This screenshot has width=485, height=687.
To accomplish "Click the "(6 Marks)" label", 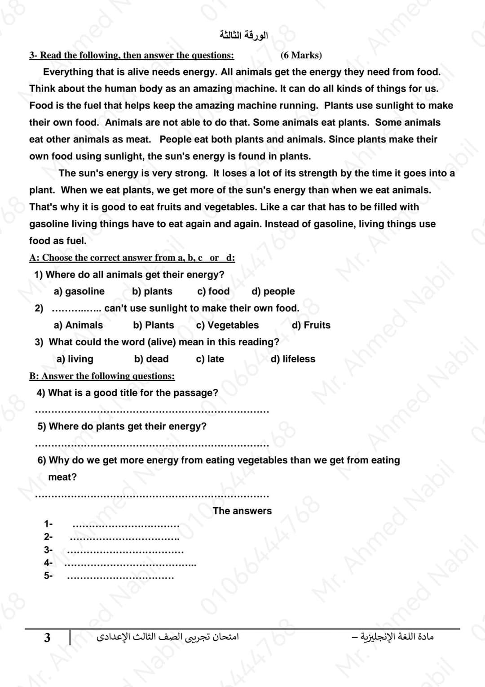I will (x=301, y=55).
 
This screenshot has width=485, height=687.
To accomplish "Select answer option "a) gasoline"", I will (x=79, y=291).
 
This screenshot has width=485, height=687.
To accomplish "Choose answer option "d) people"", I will (x=273, y=291).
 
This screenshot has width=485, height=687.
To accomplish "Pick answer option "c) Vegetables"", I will (x=227, y=325).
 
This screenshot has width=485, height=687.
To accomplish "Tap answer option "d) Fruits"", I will (x=311, y=325).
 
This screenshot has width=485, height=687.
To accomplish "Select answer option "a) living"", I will (x=75, y=359).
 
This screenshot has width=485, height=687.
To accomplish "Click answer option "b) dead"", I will (x=151, y=359).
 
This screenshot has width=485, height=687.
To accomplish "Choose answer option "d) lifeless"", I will (x=293, y=359).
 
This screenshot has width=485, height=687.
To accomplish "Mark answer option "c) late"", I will (x=210, y=359).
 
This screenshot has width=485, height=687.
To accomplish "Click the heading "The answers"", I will (x=242, y=511).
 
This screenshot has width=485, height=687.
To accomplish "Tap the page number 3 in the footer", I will (x=47, y=638).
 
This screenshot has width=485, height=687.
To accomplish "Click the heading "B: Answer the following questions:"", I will (x=102, y=376).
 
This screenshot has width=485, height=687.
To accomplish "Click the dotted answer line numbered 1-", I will (x=126, y=526).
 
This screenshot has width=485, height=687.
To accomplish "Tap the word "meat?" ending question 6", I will (x=62, y=477).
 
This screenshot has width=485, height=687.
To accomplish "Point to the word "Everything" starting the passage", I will (x=68, y=72).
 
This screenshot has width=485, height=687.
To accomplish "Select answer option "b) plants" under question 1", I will (x=152, y=291).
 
